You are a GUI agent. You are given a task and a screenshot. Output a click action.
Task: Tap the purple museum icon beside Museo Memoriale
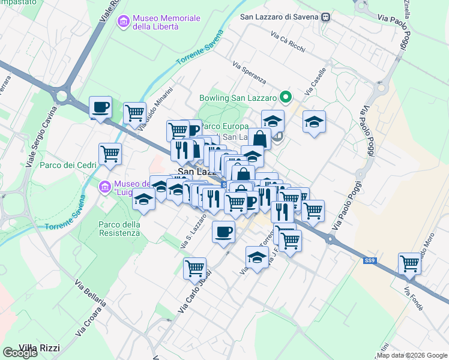pyautogui.click(x=124, y=22)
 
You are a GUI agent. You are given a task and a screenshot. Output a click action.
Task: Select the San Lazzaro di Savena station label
pyautogui.click(x=280, y=17)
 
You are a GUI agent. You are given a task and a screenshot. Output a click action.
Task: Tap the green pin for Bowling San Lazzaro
pyautogui.click(x=286, y=97)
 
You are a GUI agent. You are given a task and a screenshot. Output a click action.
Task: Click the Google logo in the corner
pyautogui.click(x=20, y=353)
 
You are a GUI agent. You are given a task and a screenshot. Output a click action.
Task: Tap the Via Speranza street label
pyautogui.click(x=249, y=74)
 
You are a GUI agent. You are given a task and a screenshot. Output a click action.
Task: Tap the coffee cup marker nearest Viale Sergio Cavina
pyautogui.click(x=100, y=107)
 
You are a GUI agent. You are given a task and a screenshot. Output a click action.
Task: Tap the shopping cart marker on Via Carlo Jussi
pyautogui.click(x=194, y=268)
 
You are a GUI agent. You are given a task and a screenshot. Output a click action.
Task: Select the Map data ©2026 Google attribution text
pyautogui.click(x=412, y=355)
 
